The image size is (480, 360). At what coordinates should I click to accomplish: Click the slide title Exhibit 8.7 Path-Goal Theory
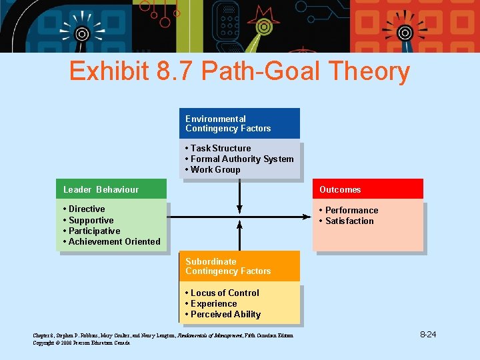click(x=239, y=71)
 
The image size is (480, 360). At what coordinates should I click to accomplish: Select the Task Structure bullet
click(x=218, y=148)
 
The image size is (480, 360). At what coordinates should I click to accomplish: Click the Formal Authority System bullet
click(x=239, y=159)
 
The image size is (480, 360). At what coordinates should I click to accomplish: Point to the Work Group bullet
click(x=213, y=169)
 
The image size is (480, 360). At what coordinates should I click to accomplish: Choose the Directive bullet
click(x=84, y=209)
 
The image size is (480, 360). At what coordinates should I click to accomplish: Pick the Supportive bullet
click(x=88, y=220)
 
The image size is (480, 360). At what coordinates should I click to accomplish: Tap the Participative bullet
click(x=91, y=231)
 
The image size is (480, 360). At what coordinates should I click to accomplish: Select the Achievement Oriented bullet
click(x=111, y=241)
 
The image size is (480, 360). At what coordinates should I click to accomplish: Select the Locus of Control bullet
click(x=222, y=293)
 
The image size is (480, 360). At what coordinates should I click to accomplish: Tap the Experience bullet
click(x=211, y=303)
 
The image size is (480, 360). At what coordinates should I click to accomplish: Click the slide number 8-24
click(x=427, y=333)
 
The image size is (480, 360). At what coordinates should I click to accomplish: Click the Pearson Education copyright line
click(x=82, y=342)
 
